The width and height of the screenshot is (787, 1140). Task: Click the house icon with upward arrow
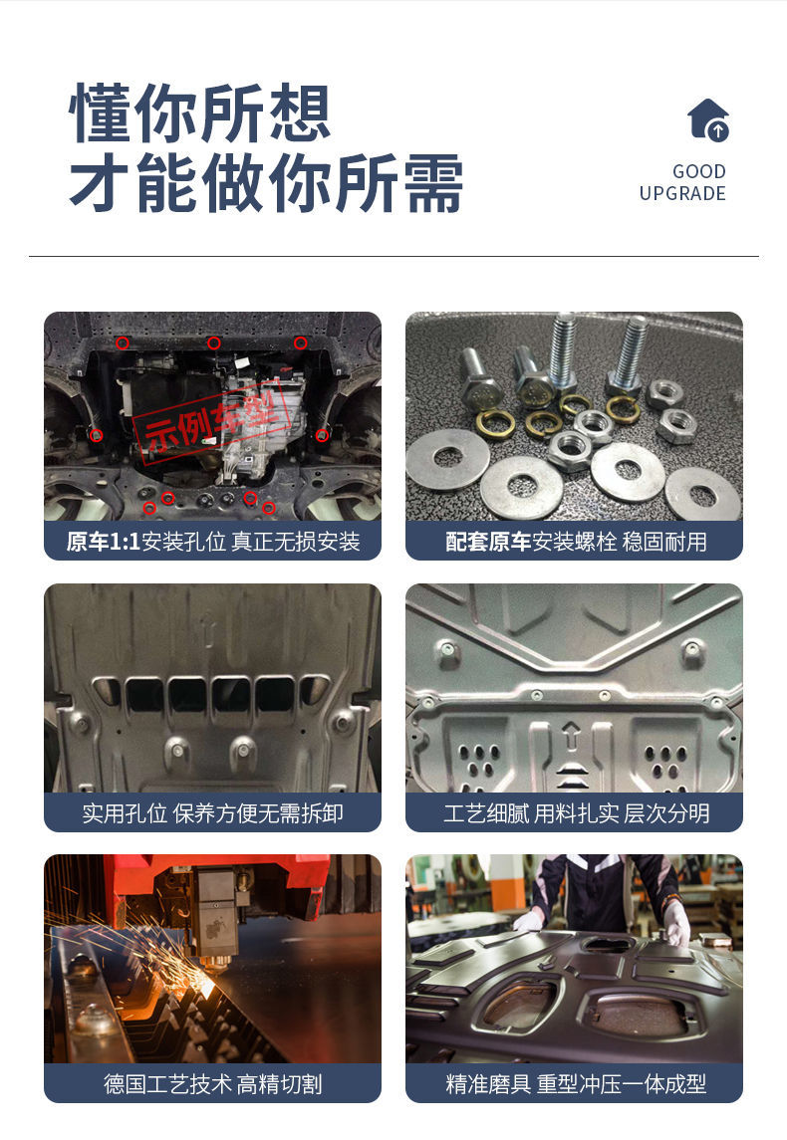coord(707,119)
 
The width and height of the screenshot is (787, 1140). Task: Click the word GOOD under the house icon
coord(699,171)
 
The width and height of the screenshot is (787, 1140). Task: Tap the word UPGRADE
coord(682,193)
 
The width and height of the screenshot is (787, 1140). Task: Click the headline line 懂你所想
coord(200,113)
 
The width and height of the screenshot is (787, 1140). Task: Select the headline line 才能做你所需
coord(266,182)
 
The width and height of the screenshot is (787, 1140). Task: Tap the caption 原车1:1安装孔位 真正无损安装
coord(213,542)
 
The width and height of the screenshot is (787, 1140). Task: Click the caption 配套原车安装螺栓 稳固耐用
coord(576,542)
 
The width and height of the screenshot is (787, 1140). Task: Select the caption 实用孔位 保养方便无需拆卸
coord(212,812)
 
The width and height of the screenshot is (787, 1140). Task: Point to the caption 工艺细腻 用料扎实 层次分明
coord(576,812)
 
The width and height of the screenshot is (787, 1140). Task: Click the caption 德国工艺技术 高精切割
coord(212,1084)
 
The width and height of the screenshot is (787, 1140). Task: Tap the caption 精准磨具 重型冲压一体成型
coord(576,1084)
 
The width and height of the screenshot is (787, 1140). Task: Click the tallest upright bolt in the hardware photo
coord(562,351)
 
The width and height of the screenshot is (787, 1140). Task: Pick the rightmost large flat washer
coord(702,494)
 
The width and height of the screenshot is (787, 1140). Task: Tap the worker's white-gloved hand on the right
coord(676,922)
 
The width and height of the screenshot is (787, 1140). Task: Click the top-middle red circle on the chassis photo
coord(214,343)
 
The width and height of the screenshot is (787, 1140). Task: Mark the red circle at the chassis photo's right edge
coord(322,435)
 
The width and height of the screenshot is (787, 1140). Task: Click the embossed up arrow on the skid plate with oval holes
coord(572,735)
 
